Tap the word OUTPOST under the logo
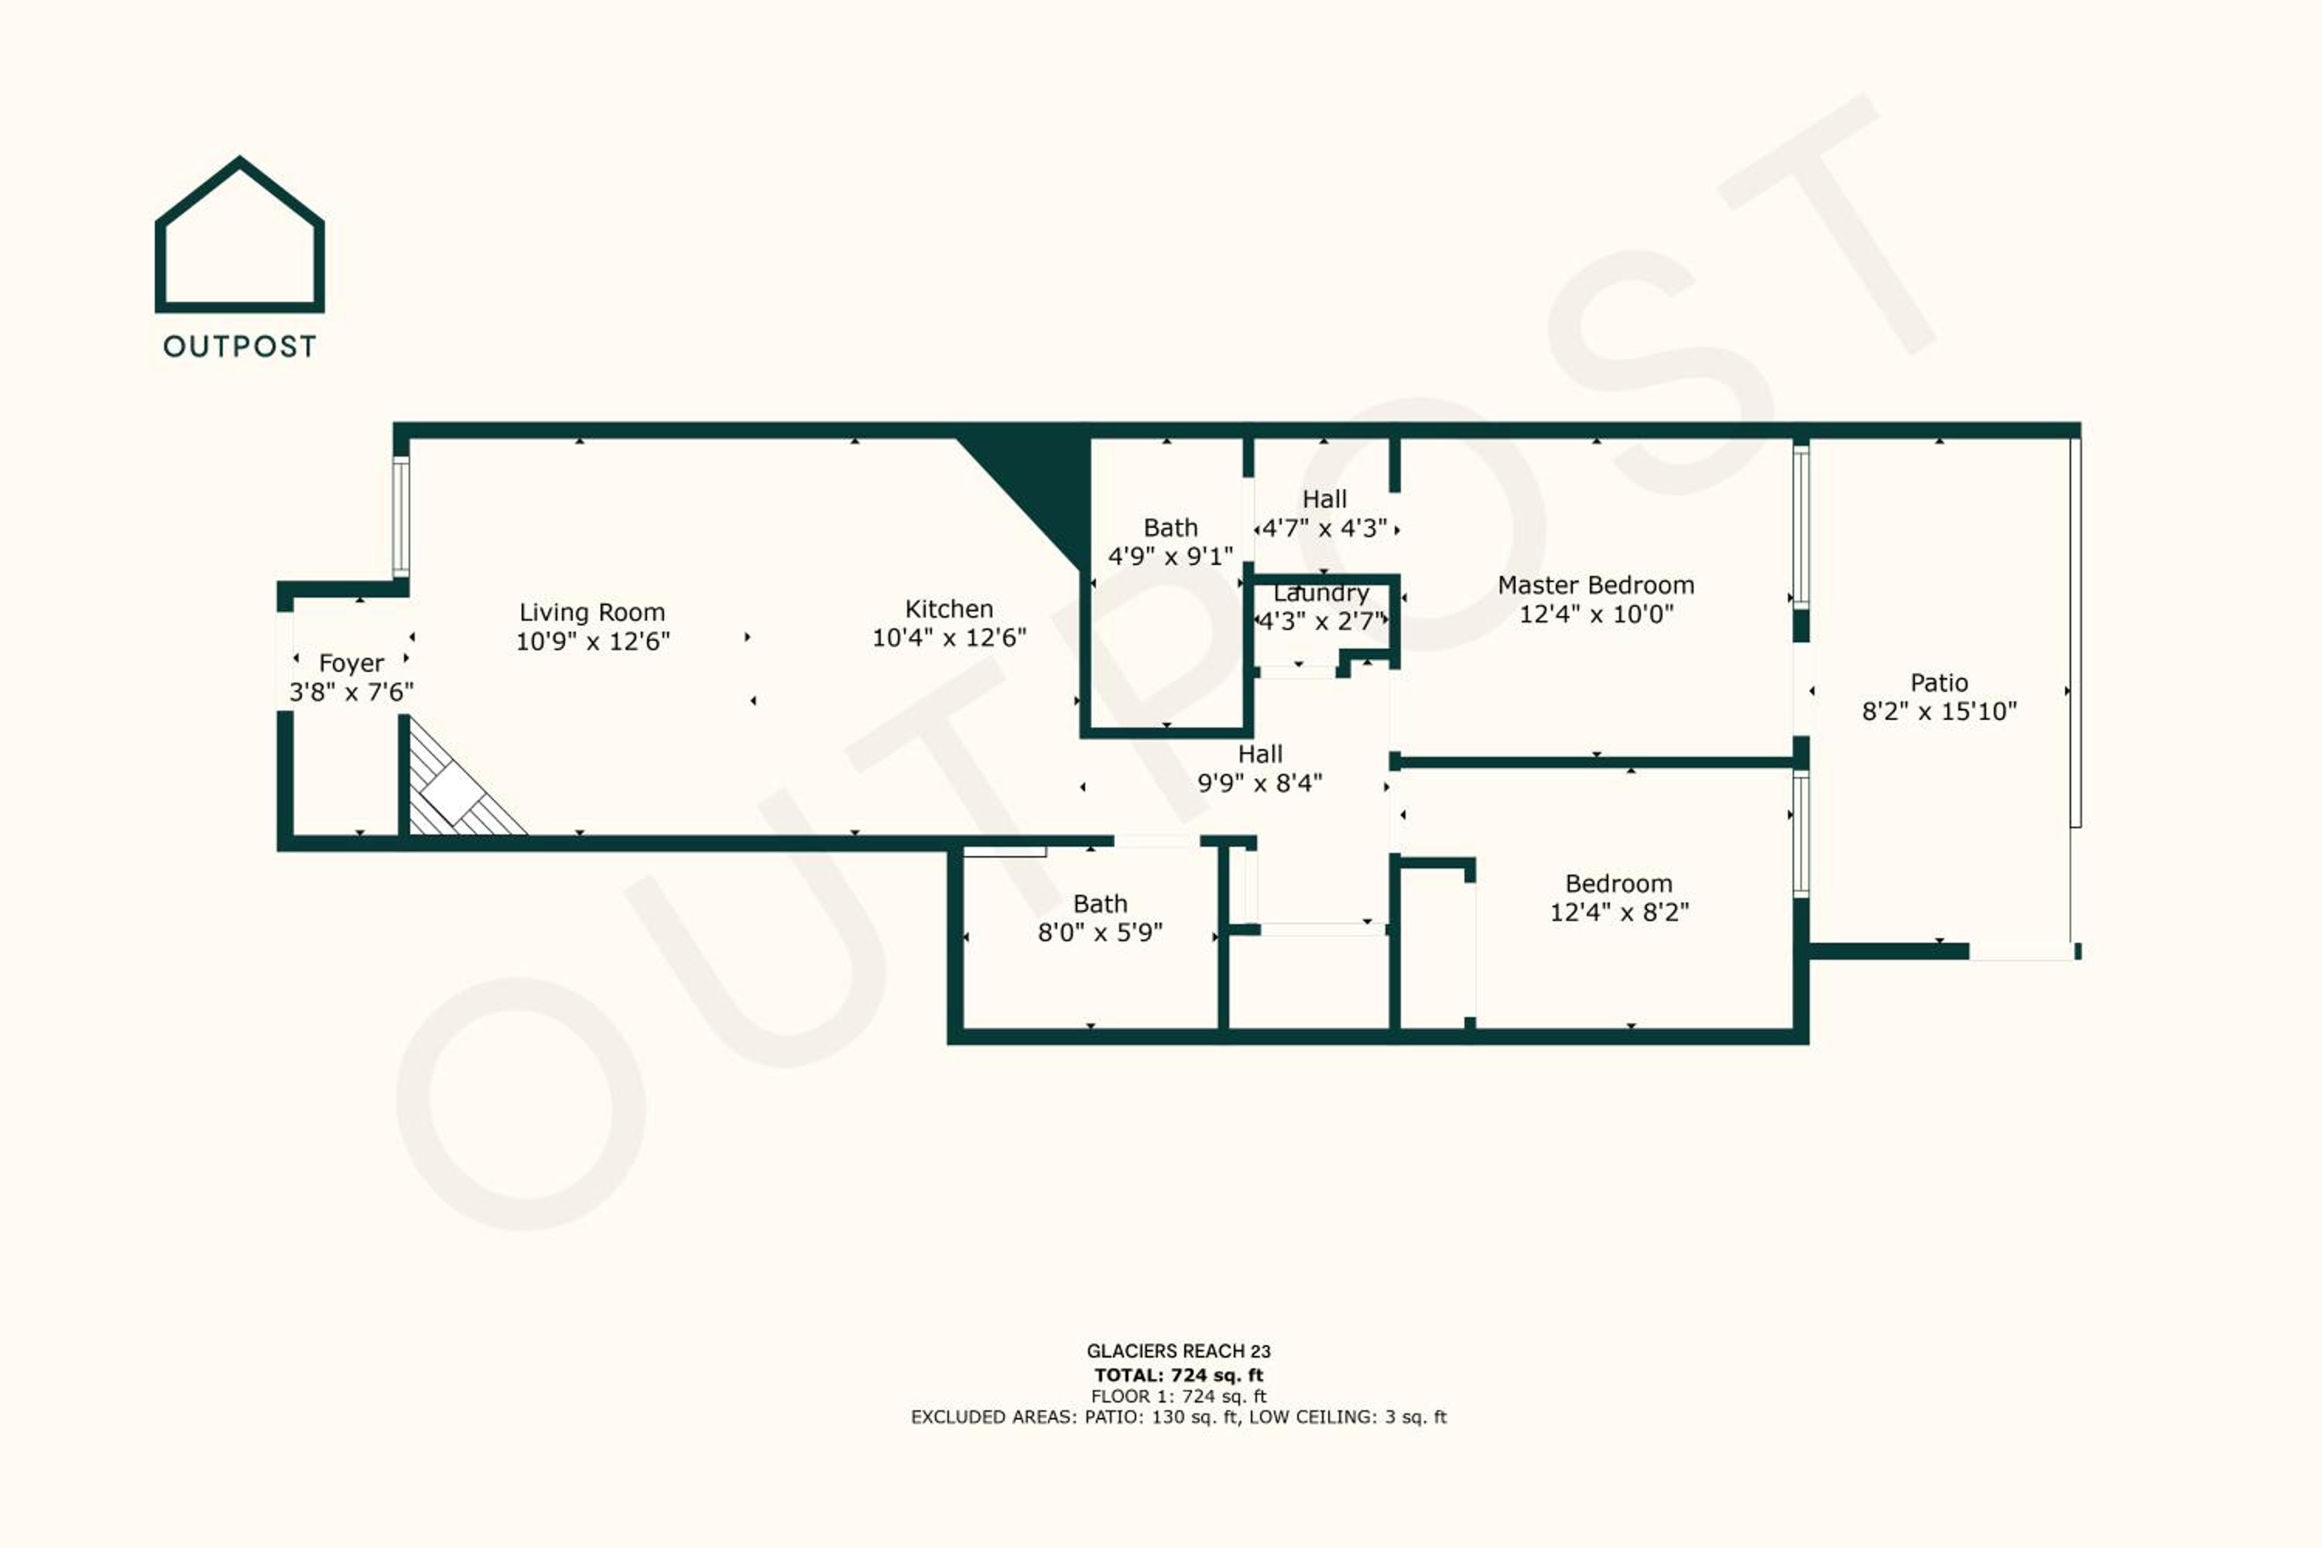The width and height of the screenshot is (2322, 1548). click(x=240, y=347)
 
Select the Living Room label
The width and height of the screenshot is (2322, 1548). click(x=592, y=612)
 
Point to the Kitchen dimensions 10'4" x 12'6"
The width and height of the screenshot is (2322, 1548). click(x=949, y=638)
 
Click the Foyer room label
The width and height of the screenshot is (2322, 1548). click(x=351, y=663)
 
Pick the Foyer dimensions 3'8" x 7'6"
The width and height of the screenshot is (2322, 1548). click(x=351, y=692)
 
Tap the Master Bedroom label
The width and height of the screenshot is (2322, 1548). click(x=1596, y=585)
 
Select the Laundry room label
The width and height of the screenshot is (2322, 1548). click(x=1321, y=594)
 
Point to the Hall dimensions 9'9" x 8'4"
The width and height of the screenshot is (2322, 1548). click(x=1260, y=783)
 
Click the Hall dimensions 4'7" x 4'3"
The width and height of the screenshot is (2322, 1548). click(x=1325, y=528)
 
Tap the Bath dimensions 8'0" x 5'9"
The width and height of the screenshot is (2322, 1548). click(x=1100, y=932)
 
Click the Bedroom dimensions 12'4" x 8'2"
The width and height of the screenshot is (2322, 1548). click(x=1619, y=913)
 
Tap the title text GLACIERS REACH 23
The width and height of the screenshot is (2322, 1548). click(x=1179, y=1351)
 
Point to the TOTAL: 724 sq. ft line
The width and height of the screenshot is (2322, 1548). click(x=1179, y=1375)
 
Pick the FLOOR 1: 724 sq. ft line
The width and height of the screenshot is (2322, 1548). click(x=1179, y=1397)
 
